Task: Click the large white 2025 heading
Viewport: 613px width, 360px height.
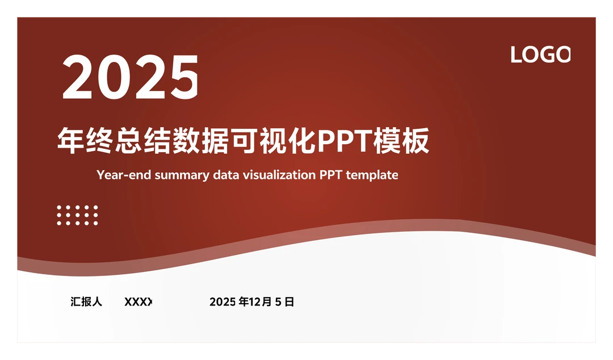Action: pos(131,77)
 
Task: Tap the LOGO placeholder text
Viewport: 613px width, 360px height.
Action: pos(540,55)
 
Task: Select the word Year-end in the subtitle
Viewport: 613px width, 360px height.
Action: pos(124,175)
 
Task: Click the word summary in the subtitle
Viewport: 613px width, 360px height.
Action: pos(182,175)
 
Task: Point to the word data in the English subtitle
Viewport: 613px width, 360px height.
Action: pos(225,175)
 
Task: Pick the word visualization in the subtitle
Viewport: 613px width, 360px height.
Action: pos(279,175)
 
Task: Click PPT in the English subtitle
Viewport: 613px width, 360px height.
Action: pos(331,175)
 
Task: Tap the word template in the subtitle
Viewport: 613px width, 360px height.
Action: pos(372,175)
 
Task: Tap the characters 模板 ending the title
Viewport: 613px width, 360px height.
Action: pos(401,141)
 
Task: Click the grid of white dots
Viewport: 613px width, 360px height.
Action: pos(77,215)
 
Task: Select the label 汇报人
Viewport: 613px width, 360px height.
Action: pos(86,302)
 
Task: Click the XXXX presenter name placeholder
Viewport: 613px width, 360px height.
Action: pos(138,302)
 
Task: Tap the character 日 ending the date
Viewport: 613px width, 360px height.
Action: pos(289,302)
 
